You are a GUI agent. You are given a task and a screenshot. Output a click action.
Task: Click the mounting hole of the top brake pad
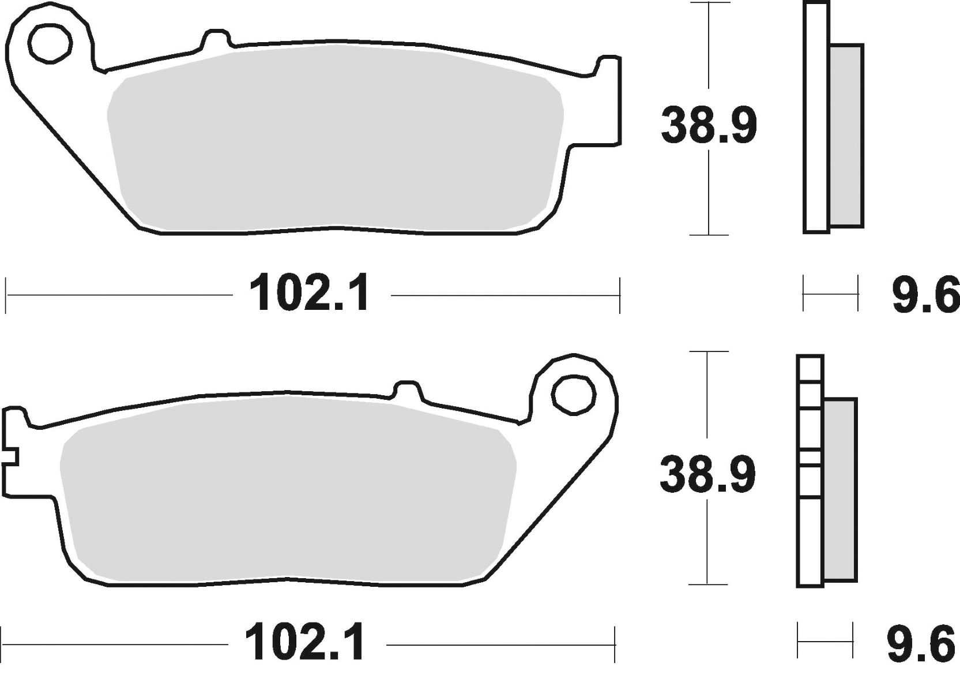[x=51, y=43]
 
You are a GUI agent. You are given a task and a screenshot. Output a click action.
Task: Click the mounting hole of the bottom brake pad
[x=573, y=394]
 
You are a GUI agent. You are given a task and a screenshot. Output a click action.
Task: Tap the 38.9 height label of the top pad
[x=709, y=125]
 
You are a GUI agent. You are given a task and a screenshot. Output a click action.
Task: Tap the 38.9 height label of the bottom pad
[x=707, y=474]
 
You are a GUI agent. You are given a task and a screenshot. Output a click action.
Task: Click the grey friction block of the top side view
[x=846, y=135]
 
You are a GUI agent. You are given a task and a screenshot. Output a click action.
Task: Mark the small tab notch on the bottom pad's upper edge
[x=408, y=389]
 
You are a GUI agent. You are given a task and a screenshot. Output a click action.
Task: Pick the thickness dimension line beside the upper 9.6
[x=830, y=294]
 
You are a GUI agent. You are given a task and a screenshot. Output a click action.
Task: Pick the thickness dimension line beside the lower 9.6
[x=825, y=639]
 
